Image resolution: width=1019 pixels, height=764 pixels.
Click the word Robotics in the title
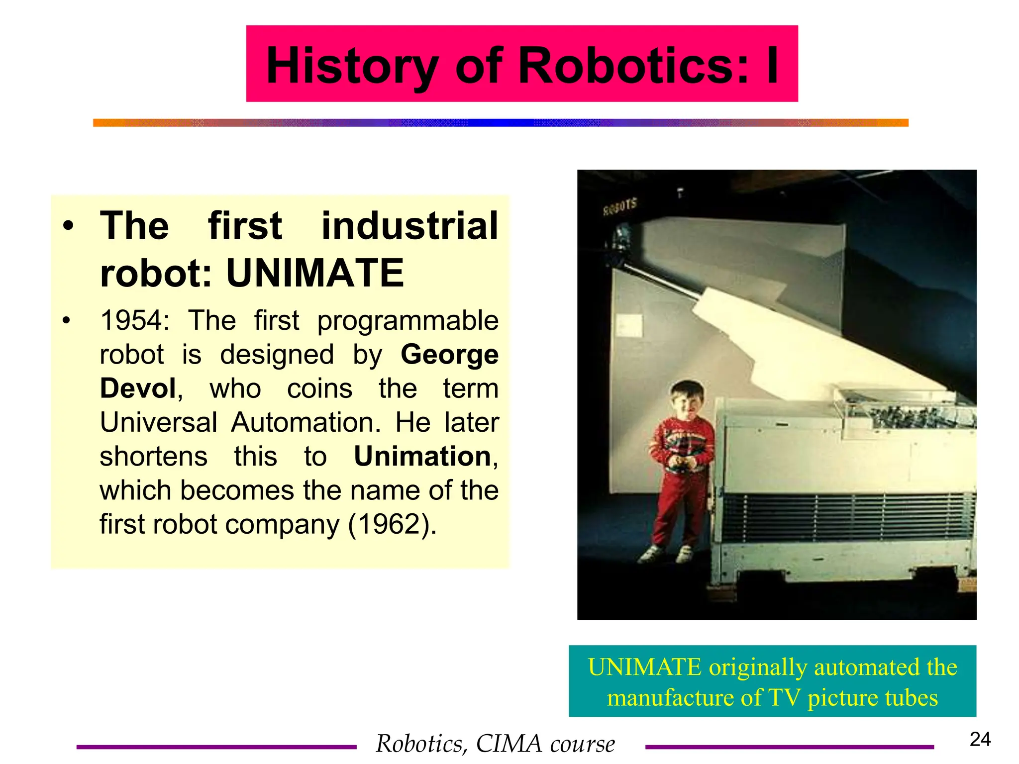click(633, 65)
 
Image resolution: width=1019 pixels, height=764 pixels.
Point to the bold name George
click(449, 355)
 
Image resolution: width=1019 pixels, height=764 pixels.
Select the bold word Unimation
click(422, 456)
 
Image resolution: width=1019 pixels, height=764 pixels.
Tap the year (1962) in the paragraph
click(392, 524)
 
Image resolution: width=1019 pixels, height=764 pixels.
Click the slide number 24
click(980, 739)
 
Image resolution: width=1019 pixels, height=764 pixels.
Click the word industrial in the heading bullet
click(409, 226)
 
